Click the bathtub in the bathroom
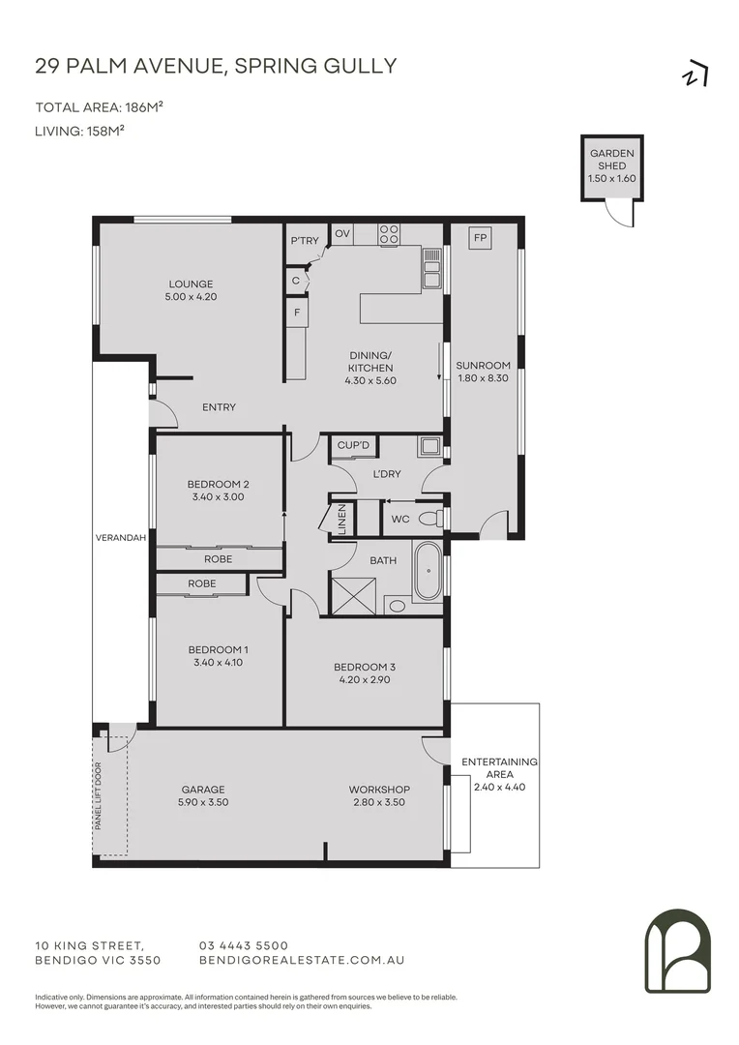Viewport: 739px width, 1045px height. [x=428, y=572]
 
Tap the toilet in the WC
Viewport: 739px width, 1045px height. [x=436, y=519]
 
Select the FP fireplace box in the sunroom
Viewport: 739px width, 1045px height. [x=478, y=237]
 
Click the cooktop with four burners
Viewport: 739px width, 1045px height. [x=390, y=233]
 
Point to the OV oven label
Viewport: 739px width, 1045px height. [x=341, y=233]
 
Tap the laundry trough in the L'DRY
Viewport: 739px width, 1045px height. [x=429, y=446]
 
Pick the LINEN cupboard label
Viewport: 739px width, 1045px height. [x=341, y=519]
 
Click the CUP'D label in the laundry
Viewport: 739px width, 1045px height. [x=353, y=445]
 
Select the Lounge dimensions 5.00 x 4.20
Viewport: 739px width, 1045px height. [x=191, y=297]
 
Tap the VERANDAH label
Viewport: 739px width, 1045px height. [x=121, y=538]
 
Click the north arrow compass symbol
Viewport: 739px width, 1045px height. [x=695, y=74]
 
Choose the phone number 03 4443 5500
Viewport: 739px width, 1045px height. [x=243, y=945]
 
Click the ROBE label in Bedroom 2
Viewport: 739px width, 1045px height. [x=218, y=559]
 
